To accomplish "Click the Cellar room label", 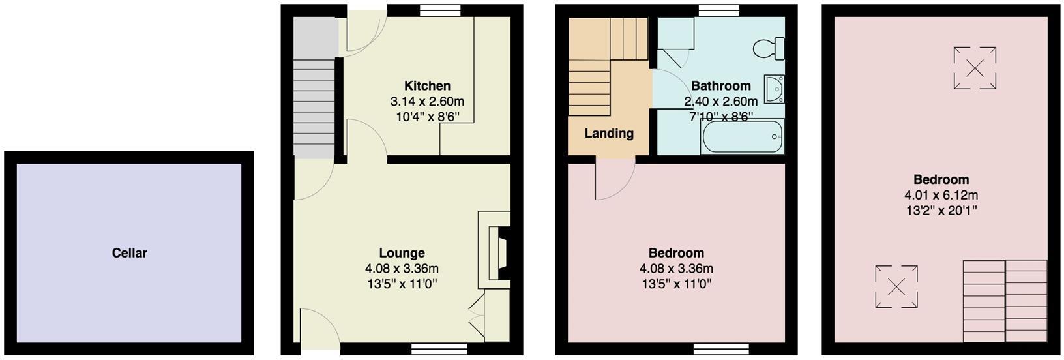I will point(129,253).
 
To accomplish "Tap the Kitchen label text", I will point(427,86).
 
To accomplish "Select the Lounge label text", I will point(402,253).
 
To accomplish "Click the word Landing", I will point(608,134).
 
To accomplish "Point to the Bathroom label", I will point(720,86).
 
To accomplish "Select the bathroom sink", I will point(775,89).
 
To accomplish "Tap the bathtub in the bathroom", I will point(742,137).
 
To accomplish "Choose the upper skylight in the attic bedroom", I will point(975,68).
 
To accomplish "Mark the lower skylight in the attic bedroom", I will point(896,286).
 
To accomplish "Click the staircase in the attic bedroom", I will point(1004,301).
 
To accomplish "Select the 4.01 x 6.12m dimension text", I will point(941,195).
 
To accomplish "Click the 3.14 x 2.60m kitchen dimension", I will point(427,102).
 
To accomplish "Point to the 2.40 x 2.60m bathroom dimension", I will point(720,102).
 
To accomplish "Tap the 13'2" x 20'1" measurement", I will point(941,211).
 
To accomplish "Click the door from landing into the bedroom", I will point(613,181).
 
